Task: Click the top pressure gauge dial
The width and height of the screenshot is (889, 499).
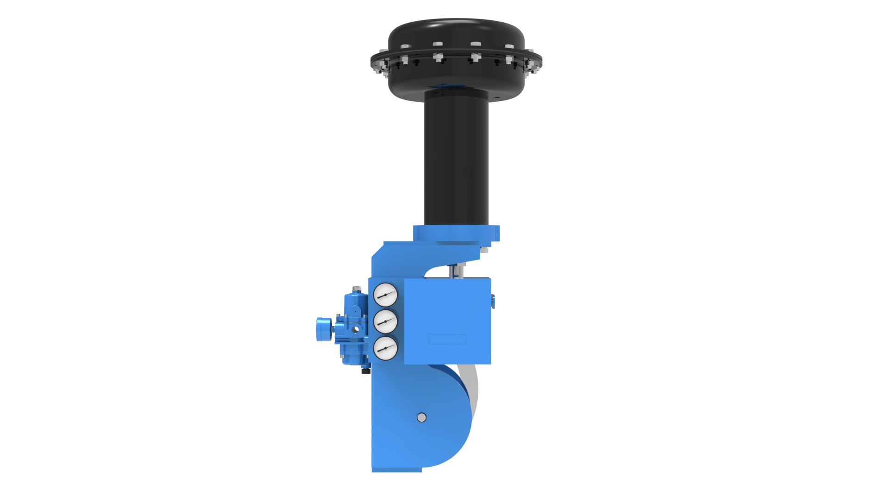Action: [x=385, y=295]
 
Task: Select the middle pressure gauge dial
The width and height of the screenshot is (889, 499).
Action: [x=385, y=321]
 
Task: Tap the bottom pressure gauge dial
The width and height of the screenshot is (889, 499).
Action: [x=385, y=348]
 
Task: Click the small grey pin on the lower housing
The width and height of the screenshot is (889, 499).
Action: [x=421, y=418]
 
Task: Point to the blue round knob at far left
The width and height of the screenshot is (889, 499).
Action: [x=323, y=329]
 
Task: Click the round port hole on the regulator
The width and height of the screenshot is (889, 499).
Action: [x=356, y=330]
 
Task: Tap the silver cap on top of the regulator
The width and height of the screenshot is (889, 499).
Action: [x=356, y=290]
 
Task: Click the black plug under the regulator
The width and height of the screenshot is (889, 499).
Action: [x=366, y=370]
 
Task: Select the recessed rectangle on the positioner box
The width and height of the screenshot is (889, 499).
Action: [x=447, y=339]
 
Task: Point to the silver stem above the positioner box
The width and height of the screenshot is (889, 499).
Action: [x=456, y=270]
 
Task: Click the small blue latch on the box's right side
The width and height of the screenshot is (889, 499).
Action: [x=493, y=301]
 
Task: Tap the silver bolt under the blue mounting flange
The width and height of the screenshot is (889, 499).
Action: [x=484, y=250]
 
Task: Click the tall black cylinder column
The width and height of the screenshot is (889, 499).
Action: [x=456, y=157]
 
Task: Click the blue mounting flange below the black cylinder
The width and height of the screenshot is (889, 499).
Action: [x=456, y=234]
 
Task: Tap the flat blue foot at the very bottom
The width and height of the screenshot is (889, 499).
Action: [x=397, y=470]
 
